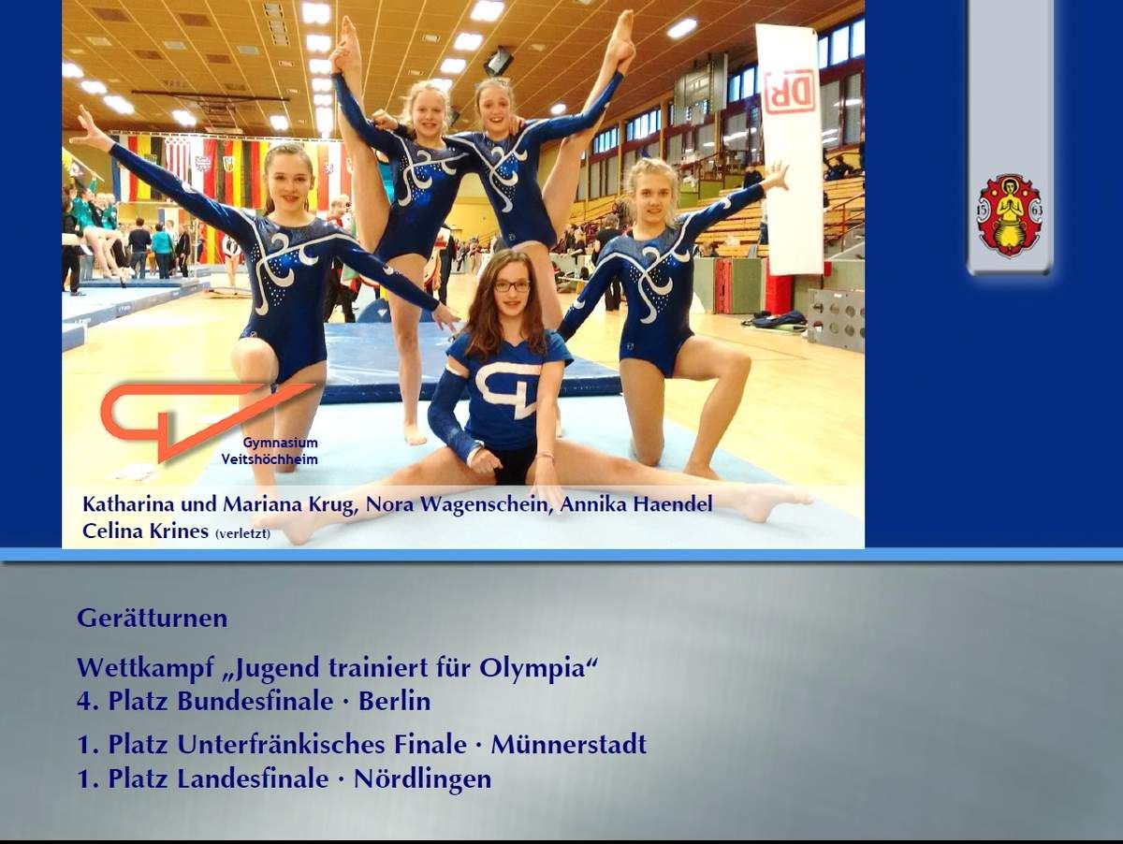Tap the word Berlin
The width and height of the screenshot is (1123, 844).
click(395, 701)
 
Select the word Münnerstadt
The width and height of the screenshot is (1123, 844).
click(568, 744)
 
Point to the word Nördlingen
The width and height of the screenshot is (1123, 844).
click(423, 779)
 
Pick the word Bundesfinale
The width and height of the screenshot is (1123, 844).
click(255, 701)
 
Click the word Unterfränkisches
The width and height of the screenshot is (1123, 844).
click(322, 744)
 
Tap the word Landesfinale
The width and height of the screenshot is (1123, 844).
click(253, 779)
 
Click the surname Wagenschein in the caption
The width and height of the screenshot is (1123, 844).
click(485, 505)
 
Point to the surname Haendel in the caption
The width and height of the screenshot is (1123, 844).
click(673, 504)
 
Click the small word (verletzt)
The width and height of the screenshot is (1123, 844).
click(242, 534)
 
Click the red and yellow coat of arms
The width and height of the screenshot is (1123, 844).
click(1010, 215)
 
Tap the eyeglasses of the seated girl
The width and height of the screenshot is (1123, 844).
click(512, 286)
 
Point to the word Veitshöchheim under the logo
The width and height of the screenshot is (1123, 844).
click(270, 459)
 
